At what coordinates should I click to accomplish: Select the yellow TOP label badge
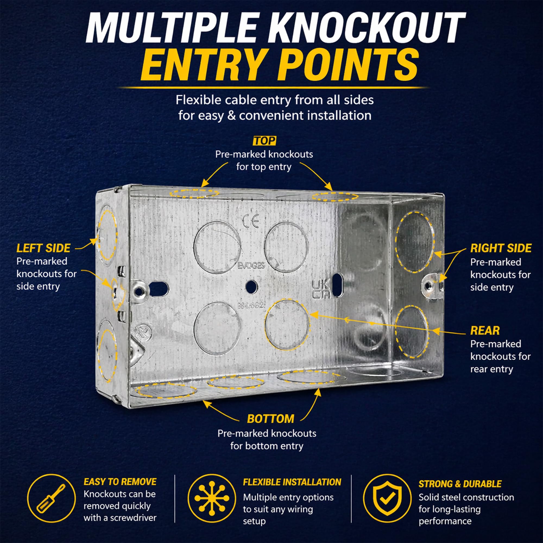[264, 141]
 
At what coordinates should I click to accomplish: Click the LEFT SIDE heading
[43, 248]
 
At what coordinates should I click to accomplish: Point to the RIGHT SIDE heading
[501, 248]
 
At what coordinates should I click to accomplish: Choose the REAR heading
[485, 331]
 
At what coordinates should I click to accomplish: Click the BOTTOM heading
[271, 419]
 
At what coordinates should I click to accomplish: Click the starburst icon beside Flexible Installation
[212, 498]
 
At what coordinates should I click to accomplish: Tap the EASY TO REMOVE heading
[120, 482]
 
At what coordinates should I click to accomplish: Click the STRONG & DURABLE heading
[460, 484]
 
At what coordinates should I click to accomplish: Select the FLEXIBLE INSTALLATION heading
[292, 482]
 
